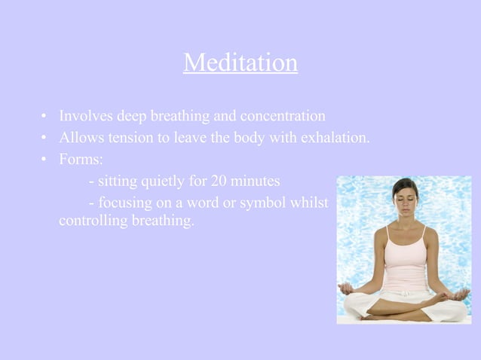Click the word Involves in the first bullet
coord(84,117)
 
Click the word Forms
coord(80,160)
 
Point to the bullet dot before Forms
coord(45,160)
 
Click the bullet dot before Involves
coord(45,117)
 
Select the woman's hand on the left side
coord(348,288)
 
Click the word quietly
coord(170,182)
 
